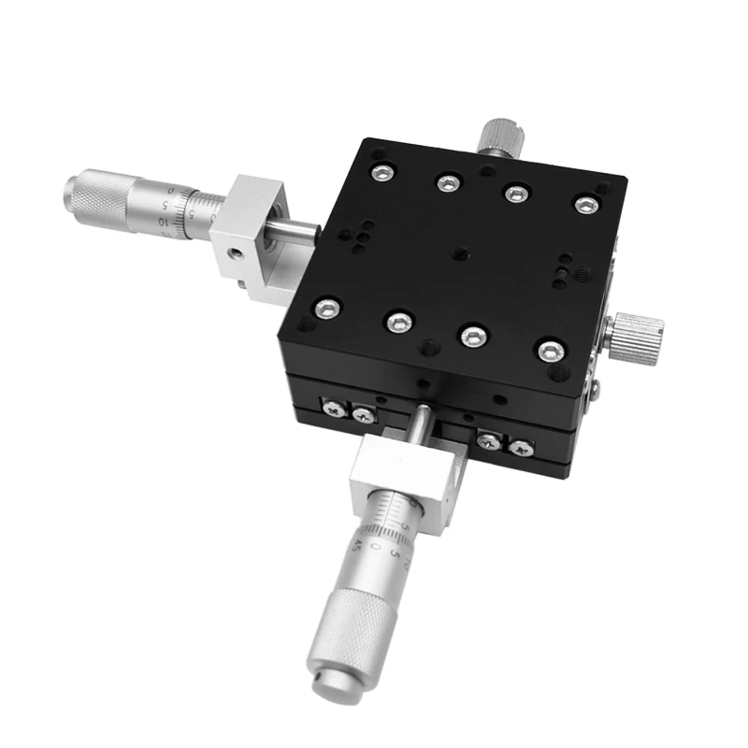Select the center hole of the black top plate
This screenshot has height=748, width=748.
pos(462,251)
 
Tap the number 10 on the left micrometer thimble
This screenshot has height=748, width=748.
pos(164,221)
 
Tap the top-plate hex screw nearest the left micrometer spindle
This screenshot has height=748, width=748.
pos(325,307)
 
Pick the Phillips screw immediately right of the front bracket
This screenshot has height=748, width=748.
pos(487,439)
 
